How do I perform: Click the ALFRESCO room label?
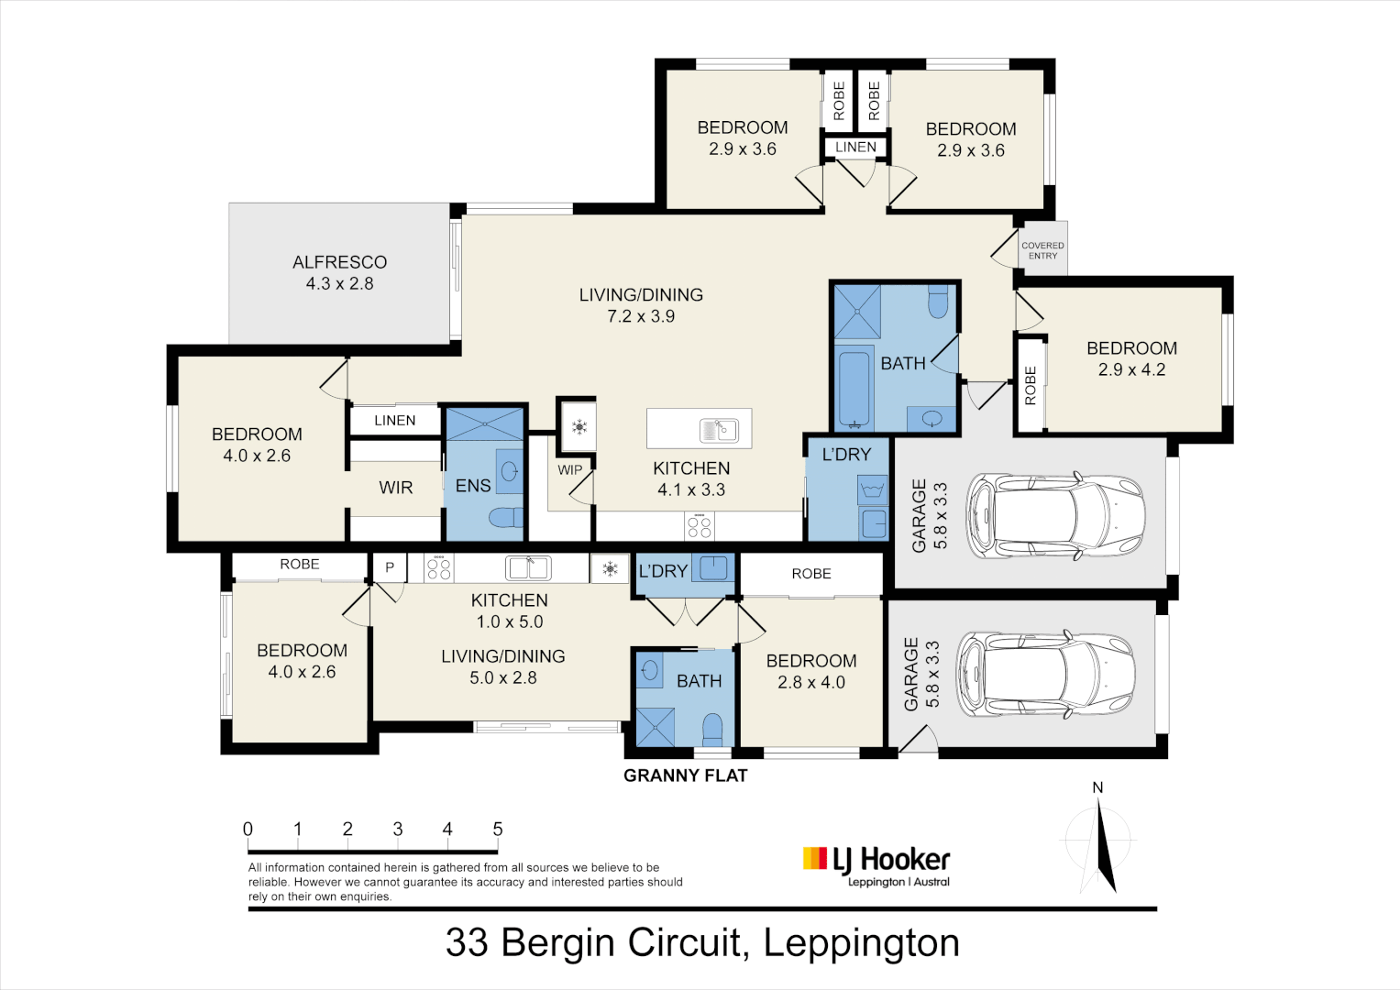(x=339, y=262)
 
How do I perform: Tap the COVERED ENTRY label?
(x=1042, y=250)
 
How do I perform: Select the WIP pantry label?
(x=569, y=469)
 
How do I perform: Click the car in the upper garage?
(x=1055, y=515)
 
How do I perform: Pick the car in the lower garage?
(x=1044, y=674)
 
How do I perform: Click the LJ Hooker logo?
(x=876, y=866)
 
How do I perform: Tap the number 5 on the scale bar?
(x=498, y=829)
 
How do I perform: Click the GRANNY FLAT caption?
(x=685, y=775)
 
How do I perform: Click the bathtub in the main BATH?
(x=854, y=388)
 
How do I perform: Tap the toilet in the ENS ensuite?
(x=504, y=518)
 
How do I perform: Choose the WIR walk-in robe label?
(x=395, y=488)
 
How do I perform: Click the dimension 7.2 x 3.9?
(x=641, y=316)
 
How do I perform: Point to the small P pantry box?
(x=390, y=567)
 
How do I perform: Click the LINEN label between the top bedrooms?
(x=855, y=147)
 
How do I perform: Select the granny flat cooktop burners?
(x=438, y=568)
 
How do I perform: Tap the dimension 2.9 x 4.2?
(x=1131, y=369)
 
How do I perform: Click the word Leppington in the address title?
(x=861, y=942)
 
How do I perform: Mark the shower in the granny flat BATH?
(x=656, y=727)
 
